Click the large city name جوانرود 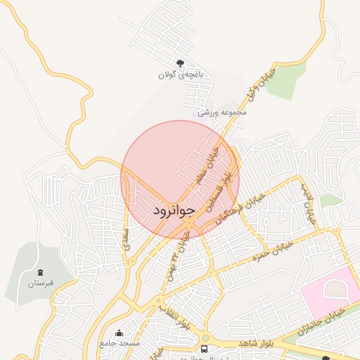[172, 211]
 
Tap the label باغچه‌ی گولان [180, 74]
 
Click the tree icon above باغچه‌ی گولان [180, 63]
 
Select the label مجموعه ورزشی [221, 112]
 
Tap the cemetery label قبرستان [41, 283]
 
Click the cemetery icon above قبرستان [41, 272]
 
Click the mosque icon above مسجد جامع [119, 333]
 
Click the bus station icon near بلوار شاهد [205, 349]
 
